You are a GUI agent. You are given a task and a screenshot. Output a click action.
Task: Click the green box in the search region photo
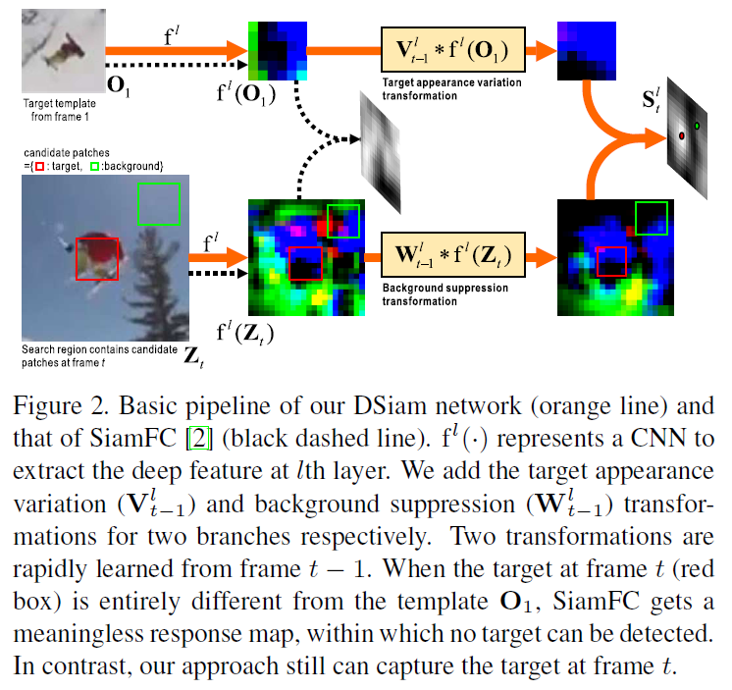[x=158, y=203]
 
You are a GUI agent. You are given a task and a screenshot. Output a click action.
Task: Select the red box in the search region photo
[x=97, y=257]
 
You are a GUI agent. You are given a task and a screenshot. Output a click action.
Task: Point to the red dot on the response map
[x=680, y=136]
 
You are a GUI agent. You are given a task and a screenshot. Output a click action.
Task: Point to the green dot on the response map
[x=697, y=126]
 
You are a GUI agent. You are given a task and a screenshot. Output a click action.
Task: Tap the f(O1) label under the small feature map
[x=245, y=95]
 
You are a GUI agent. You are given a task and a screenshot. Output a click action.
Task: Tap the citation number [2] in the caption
[x=222, y=433]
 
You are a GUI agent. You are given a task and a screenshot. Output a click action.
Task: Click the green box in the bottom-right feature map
[x=653, y=217]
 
